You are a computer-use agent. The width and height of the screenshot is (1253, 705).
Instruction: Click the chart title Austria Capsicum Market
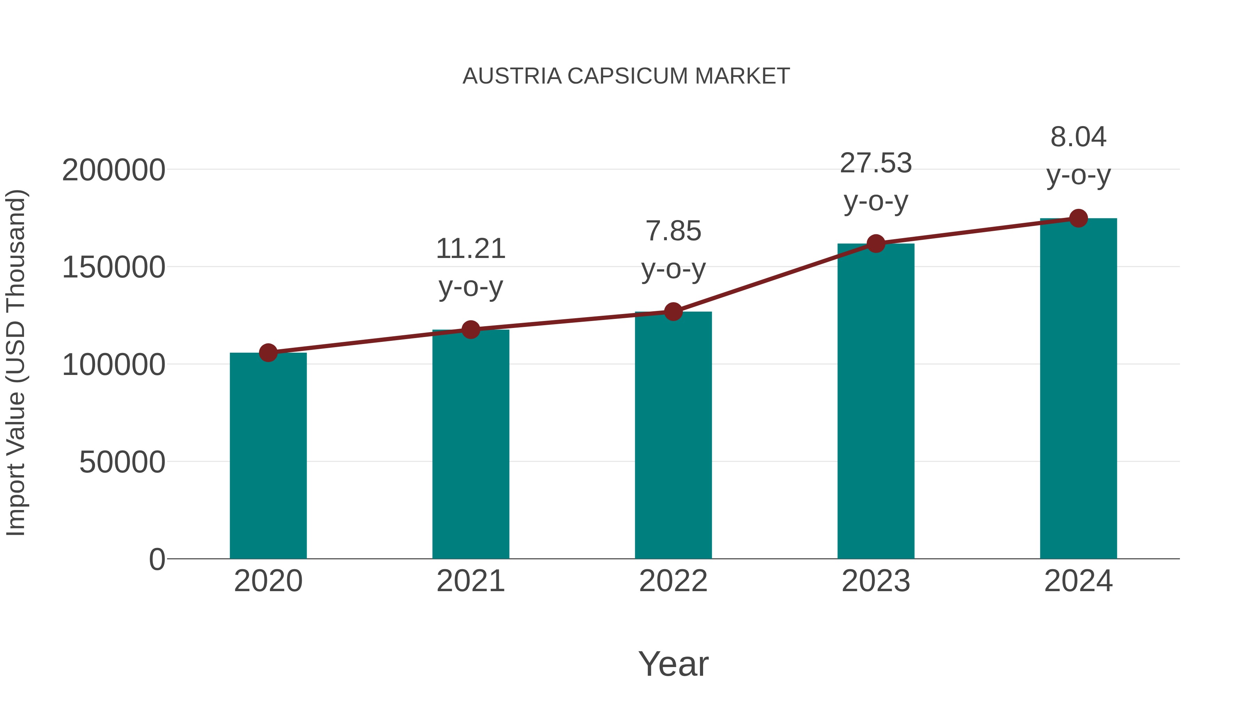626,76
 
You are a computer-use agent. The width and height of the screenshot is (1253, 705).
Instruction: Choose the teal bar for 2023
876,401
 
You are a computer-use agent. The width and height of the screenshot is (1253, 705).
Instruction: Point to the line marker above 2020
268,353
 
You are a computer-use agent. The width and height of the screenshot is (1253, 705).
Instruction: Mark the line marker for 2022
673,311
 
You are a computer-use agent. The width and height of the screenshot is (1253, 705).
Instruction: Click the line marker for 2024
1078,218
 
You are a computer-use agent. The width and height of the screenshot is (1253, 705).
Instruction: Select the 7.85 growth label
673,231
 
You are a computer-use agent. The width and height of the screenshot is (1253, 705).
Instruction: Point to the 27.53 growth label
876,164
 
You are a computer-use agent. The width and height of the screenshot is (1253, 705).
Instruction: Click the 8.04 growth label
1078,137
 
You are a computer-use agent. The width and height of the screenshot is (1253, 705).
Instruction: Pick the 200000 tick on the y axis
113,170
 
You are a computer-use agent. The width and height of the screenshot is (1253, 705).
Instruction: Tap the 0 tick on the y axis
157,559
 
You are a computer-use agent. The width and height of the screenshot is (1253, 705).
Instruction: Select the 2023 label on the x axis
876,581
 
